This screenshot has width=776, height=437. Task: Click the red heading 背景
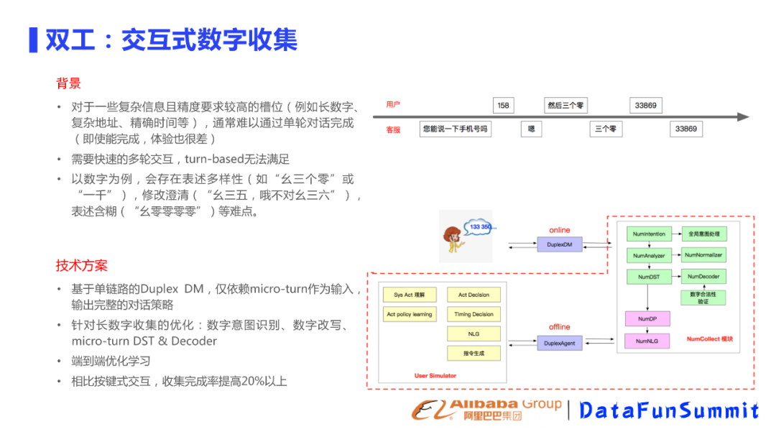[x=68, y=83]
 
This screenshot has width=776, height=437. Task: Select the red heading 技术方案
[x=82, y=265]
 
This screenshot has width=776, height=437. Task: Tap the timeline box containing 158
[x=503, y=106]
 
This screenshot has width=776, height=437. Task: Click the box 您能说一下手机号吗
[x=456, y=129]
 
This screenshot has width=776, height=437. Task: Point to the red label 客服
[x=393, y=130]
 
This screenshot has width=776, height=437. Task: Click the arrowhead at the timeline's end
[x=743, y=117]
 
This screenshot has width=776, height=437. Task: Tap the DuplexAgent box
[x=560, y=343]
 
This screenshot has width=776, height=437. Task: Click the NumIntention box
[x=650, y=234]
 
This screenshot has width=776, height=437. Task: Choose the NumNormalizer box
[x=703, y=255]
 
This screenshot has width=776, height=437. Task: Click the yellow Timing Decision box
[x=473, y=315]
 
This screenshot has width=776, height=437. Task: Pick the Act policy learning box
[x=410, y=315]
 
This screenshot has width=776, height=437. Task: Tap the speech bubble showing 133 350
[x=482, y=228]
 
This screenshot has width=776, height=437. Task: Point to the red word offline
[x=559, y=327]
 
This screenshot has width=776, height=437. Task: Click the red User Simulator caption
[x=435, y=376]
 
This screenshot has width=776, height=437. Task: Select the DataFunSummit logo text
[x=669, y=410]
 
